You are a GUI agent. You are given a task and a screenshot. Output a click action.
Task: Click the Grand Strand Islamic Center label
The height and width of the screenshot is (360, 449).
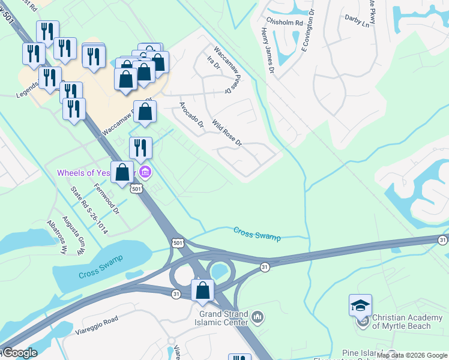[x=223, y=317]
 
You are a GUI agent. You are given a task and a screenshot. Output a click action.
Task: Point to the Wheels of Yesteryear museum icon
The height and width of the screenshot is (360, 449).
[x=145, y=173]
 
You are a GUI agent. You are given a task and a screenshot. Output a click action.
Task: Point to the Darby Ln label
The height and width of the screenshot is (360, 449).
[x=357, y=22]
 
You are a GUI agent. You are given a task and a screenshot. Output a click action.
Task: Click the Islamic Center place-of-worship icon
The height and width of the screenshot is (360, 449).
[x=257, y=316]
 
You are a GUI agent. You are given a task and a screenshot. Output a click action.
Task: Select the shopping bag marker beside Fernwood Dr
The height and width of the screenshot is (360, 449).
[x=122, y=173]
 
